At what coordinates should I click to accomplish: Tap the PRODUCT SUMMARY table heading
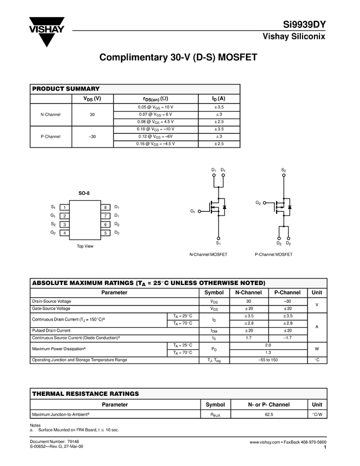tap(66, 89)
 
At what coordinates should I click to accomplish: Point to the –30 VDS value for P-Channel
tap(92, 136)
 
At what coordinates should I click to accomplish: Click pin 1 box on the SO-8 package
tap(65, 207)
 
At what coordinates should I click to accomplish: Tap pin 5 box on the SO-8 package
tap(105, 233)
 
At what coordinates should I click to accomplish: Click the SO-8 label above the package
tap(84, 194)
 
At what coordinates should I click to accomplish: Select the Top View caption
tap(85, 246)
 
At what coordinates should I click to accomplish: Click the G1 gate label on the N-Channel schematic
tap(193, 211)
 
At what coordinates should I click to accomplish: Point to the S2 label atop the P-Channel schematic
tap(283, 171)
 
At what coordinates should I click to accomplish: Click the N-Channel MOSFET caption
tap(208, 254)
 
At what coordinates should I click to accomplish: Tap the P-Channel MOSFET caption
tap(273, 254)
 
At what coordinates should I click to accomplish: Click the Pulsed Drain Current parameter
tap(52, 331)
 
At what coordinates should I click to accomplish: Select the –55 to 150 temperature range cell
tap(268, 360)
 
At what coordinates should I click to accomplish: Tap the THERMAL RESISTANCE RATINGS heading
tap(85, 394)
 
